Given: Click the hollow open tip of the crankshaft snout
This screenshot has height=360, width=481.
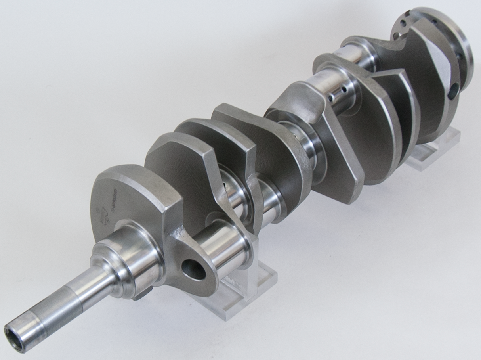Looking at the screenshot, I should coord(14,337).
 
